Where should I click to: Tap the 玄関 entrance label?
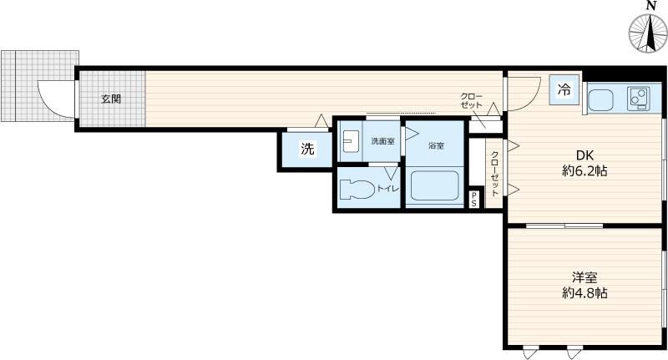111,99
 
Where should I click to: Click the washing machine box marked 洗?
306,150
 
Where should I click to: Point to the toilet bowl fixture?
358,188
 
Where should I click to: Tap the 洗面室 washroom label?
382,141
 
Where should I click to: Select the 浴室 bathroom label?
436,146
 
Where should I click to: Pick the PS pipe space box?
474,199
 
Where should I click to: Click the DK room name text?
584,155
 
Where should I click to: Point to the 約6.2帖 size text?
584,171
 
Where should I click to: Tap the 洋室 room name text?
584,277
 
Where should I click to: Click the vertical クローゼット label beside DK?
494,173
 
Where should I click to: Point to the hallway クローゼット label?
472,101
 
